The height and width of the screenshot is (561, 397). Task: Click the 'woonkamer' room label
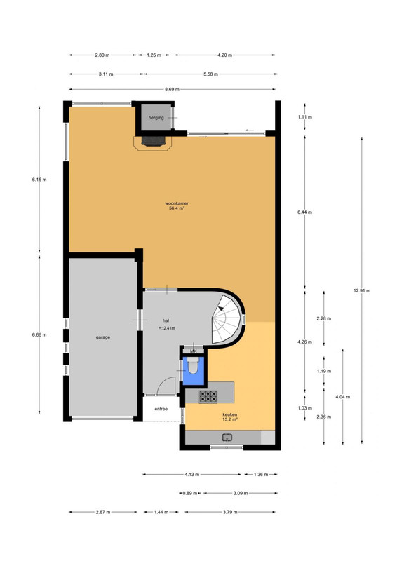177,203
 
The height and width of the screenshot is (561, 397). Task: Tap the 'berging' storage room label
156,117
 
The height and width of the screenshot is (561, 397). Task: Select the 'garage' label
102,337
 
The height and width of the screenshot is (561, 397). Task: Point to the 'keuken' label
229,414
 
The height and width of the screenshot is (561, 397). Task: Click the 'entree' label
161,409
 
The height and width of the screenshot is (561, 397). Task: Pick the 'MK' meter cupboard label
194,351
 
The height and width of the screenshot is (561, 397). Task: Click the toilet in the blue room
193,367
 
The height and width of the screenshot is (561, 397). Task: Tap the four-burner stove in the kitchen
208,396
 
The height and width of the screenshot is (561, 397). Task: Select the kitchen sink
227,437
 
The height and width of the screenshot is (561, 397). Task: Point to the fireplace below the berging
153,142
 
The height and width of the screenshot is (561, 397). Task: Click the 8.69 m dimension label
172,89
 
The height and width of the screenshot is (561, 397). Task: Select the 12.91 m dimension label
361,290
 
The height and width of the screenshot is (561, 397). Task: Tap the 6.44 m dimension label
304,212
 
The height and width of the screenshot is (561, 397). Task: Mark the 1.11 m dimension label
304,116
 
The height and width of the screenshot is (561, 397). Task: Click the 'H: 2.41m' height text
166,328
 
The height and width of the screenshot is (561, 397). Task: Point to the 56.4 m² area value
177,208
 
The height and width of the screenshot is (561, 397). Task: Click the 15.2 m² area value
229,419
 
